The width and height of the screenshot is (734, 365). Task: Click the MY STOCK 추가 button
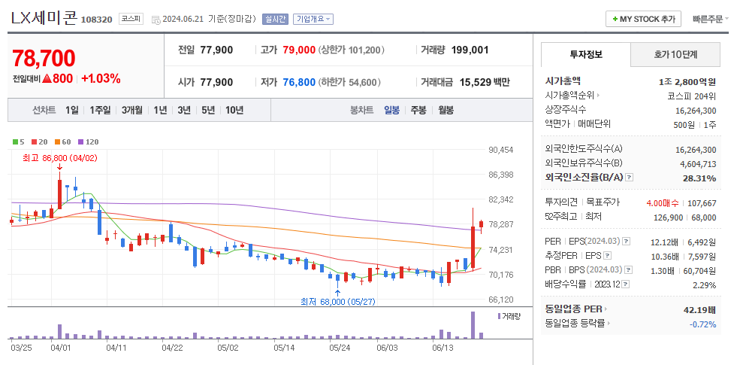(x=643, y=19)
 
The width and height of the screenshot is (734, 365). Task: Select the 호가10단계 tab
(x=675, y=55)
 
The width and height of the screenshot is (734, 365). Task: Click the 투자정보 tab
(x=586, y=55)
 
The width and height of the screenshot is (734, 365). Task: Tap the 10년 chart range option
(x=234, y=110)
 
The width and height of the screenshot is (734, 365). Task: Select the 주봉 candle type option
(x=418, y=110)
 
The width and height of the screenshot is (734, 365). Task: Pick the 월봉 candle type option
(x=446, y=110)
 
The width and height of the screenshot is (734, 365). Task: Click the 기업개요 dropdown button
(x=313, y=20)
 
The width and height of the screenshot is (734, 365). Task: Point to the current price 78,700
(x=44, y=59)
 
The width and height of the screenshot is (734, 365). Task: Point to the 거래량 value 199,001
(x=470, y=50)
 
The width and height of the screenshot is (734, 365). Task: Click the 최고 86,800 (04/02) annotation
(x=60, y=158)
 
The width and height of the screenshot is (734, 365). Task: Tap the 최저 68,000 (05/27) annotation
(x=337, y=301)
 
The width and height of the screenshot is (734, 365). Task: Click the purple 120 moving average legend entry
(x=89, y=141)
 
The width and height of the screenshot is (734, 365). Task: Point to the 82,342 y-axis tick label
(x=501, y=199)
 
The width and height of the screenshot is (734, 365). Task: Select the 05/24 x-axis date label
(x=340, y=348)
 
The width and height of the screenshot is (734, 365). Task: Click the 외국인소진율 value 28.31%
(x=699, y=178)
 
